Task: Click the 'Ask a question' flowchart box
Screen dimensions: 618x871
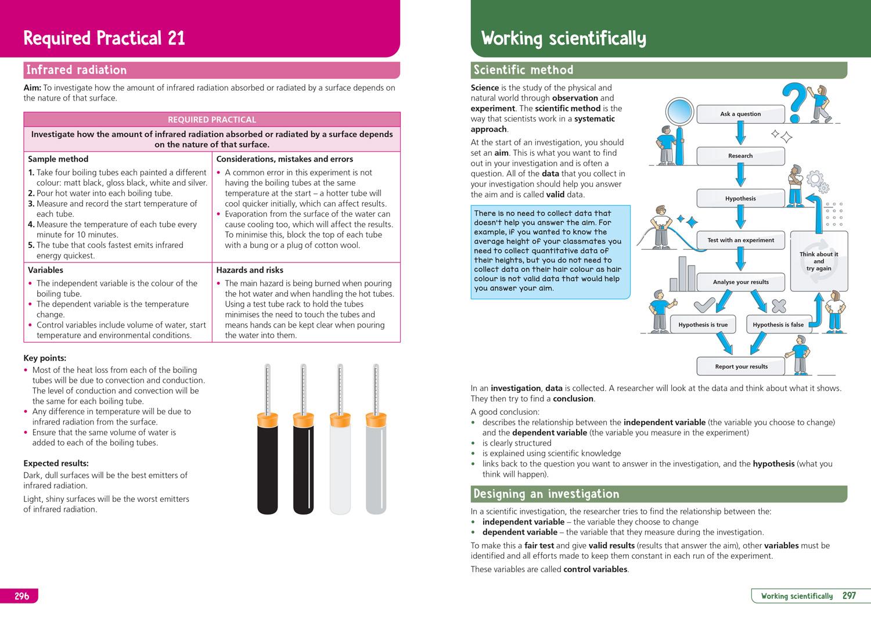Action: (x=740, y=114)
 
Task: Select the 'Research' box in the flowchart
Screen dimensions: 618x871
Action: (x=740, y=156)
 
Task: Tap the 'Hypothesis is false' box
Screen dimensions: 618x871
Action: (x=778, y=325)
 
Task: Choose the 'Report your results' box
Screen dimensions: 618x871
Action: (x=742, y=367)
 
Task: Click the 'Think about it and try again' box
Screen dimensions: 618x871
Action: (x=819, y=261)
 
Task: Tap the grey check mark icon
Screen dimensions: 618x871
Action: (x=704, y=304)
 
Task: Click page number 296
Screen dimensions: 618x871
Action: (x=21, y=596)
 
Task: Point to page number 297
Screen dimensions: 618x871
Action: (x=849, y=596)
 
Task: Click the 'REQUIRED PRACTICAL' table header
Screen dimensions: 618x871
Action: (x=212, y=120)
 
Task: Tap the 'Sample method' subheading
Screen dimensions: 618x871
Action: (x=58, y=159)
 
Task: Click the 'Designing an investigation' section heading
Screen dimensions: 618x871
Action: (x=546, y=494)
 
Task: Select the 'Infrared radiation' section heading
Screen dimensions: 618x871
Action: (x=76, y=70)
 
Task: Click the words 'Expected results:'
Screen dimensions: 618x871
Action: (x=56, y=463)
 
